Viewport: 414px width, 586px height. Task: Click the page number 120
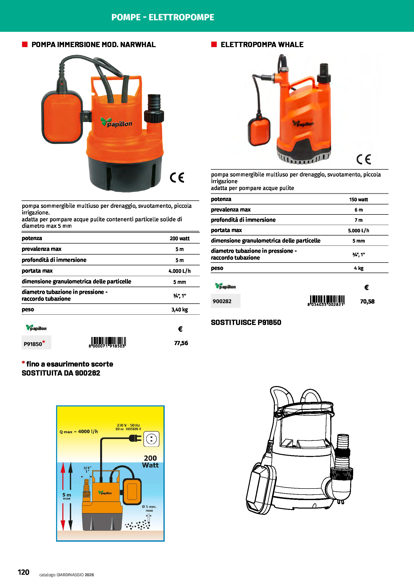(24, 572)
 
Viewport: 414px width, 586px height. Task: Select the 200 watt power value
(179, 238)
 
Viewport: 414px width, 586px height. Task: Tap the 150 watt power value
(358, 200)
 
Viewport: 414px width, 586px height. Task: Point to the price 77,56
(181, 343)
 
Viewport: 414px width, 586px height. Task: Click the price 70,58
(367, 301)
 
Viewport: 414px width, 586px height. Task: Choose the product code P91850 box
(36, 342)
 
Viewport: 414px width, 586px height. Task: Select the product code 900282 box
(225, 301)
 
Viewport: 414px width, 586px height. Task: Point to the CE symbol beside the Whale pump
(363, 159)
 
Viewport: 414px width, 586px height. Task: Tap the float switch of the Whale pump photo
(259, 131)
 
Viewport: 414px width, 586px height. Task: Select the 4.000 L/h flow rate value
(179, 271)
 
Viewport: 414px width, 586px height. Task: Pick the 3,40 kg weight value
(179, 310)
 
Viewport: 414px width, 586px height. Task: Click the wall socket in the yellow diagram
(151, 439)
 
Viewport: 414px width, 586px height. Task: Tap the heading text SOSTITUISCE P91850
(246, 322)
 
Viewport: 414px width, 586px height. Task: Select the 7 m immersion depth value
(358, 220)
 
